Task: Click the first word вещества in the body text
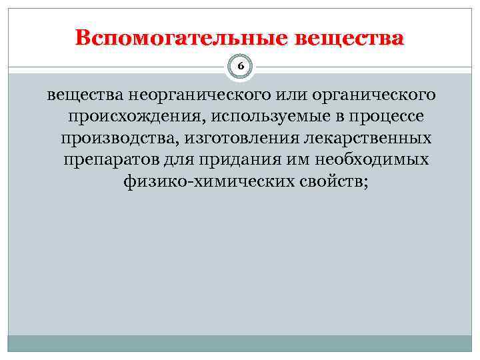[77, 95]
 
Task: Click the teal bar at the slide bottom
[240, 344]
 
